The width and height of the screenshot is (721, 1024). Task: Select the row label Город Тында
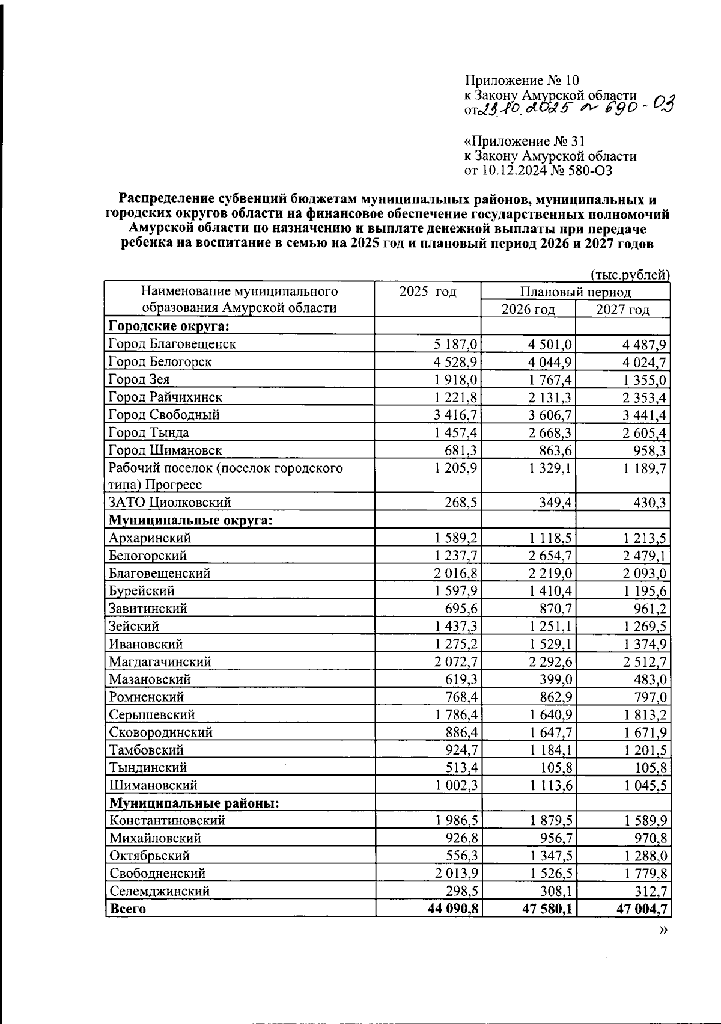pos(148,432)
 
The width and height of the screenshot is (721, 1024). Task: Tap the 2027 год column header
pos(622,310)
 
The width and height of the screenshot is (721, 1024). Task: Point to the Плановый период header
pos(575,292)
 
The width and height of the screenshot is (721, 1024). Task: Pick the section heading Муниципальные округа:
pos(190,520)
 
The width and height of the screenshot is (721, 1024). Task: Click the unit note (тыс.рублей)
pos(630,275)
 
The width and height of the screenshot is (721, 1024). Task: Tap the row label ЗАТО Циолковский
pos(169,502)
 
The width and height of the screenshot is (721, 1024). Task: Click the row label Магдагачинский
pos(160,661)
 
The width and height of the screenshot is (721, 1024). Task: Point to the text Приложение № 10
pos(522,81)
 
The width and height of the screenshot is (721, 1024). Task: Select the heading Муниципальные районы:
pos(195,803)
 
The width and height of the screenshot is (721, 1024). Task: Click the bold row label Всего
pos(127,909)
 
